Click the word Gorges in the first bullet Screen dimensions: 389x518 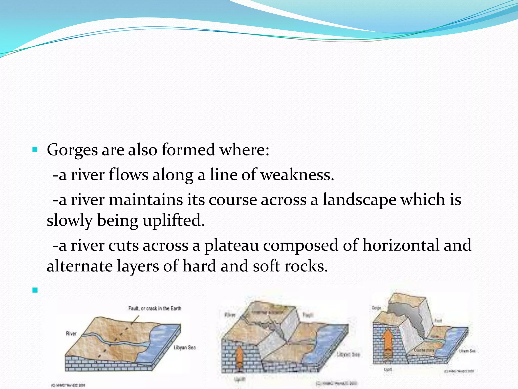[72, 150]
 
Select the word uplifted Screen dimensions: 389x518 [174, 220]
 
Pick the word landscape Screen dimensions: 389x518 [359, 200]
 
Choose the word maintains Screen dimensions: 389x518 [146, 200]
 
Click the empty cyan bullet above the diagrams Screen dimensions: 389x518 [35, 290]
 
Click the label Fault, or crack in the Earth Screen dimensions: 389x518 [155, 308]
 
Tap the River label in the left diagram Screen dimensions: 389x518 [71, 334]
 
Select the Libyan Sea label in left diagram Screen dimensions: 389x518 [185, 347]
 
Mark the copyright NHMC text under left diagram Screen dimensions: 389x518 [68, 385]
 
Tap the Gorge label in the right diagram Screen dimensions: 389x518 [376, 308]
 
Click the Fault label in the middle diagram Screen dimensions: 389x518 [308, 315]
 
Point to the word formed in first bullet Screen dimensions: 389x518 [188, 150]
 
